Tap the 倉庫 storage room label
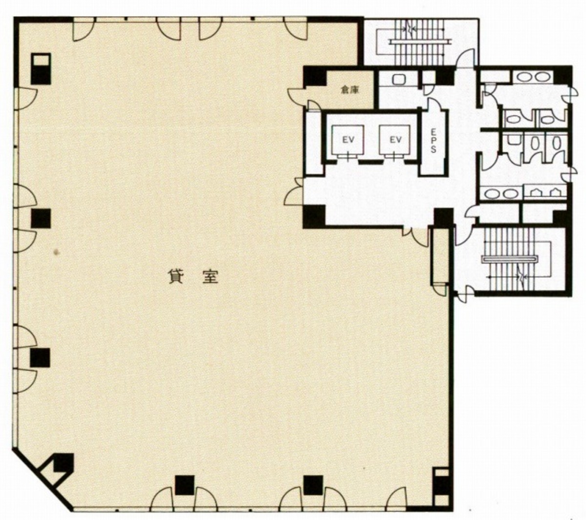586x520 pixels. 350,90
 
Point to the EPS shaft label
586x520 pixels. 433,142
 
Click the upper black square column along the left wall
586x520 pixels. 41,218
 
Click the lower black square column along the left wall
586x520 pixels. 40,358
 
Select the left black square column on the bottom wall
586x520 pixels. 185,485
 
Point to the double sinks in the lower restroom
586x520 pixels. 501,194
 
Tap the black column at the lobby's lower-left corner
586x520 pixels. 314,216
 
